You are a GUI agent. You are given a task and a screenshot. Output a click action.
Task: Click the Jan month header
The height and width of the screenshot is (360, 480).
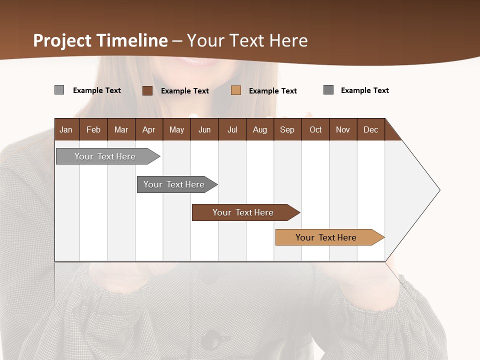pos(66,129)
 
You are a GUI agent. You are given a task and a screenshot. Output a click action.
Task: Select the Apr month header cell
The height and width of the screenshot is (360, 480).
pos(148,129)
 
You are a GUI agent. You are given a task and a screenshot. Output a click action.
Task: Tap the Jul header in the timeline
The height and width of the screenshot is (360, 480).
pos(232,129)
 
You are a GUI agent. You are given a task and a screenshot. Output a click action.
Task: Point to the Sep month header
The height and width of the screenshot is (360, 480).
pos(287,129)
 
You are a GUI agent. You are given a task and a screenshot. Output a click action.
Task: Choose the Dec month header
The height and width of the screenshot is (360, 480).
pos(370,129)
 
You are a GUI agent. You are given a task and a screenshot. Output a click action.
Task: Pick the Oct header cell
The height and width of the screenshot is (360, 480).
pos(315,129)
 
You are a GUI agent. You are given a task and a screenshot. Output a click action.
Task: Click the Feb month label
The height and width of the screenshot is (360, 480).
pos(93,129)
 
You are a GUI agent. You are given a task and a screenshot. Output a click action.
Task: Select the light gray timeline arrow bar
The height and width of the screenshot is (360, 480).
pos(105,156)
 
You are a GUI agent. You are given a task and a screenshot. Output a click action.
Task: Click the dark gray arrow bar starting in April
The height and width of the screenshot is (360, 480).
pos(174,184)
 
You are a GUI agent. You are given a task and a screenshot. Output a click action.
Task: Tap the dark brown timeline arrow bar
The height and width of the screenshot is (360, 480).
pos(243,212)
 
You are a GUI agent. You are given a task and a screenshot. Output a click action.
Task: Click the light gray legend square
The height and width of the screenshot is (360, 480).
pos(59,90)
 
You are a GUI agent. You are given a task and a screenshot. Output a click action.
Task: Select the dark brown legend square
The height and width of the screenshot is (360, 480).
pos(147,90)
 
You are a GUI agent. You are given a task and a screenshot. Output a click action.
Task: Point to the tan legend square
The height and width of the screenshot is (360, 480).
pos(236,90)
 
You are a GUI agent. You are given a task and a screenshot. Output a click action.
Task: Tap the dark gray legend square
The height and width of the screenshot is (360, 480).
pos(328,90)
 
